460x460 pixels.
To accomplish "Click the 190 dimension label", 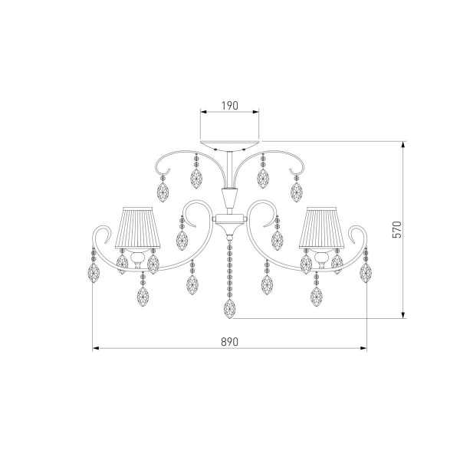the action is click(230, 106).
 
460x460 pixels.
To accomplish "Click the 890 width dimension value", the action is click(230, 342).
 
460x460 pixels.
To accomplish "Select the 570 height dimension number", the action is click(396, 229).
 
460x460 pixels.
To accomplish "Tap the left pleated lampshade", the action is click(138, 228).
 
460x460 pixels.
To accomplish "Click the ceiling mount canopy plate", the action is click(230, 145).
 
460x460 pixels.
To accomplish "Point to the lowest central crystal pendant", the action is click(230, 309).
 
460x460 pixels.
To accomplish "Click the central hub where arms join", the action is click(230, 219).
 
